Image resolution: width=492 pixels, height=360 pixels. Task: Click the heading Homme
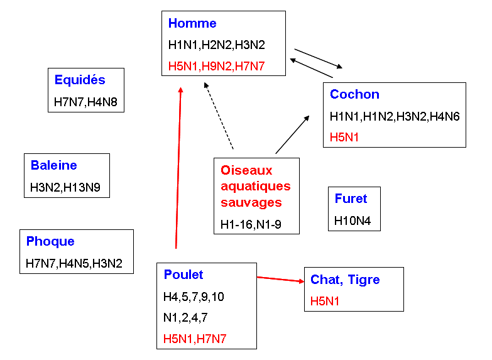pyautogui.click(x=192, y=24)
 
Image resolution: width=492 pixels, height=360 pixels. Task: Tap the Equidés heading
pyautogui.click(x=80, y=80)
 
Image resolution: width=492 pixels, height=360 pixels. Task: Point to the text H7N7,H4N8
pyautogui.click(x=86, y=101)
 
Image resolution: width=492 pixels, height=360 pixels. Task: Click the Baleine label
pyautogui.click(x=54, y=165)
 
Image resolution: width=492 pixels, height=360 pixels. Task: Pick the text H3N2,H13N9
pyautogui.click(x=66, y=186)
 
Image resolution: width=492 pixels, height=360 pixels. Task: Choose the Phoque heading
pyautogui.click(x=50, y=241)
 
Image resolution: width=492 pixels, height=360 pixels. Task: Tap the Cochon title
pyautogui.click(x=354, y=94)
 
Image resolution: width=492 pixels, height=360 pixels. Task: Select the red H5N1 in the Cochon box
pyautogui.click(x=344, y=137)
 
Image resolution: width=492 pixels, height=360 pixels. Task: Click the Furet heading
pyautogui.click(x=351, y=199)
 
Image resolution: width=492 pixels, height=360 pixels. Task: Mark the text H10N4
pyautogui.click(x=354, y=221)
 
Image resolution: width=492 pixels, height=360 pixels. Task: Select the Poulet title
pyautogui.click(x=183, y=275)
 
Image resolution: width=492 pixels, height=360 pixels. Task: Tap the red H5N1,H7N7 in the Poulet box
pyautogui.click(x=194, y=339)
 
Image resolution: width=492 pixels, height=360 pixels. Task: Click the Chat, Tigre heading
pyautogui.click(x=345, y=280)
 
